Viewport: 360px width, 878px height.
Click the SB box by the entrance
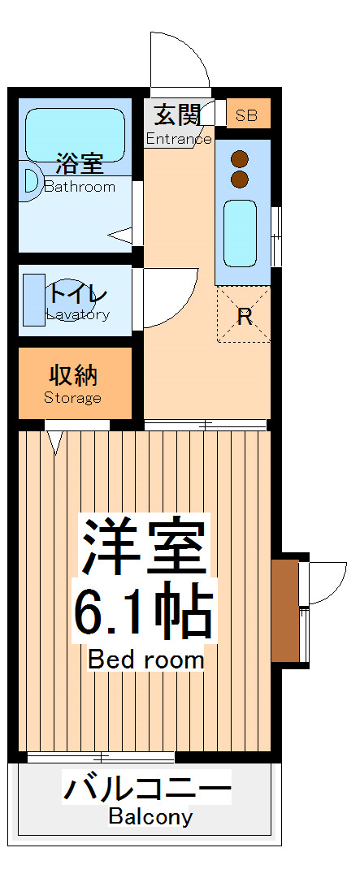[x=247, y=115]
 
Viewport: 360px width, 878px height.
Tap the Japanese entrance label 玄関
[x=177, y=115]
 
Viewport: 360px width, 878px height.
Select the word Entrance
[x=178, y=139]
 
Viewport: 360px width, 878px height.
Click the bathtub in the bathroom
[x=75, y=133]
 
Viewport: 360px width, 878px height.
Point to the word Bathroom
[x=79, y=186]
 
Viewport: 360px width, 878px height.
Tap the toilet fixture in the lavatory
[x=34, y=301]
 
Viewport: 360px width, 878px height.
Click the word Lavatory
[x=77, y=314]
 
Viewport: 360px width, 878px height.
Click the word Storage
[x=73, y=398]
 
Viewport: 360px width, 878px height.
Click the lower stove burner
[x=239, y=178]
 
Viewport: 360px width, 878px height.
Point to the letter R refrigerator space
[x=244, y=316]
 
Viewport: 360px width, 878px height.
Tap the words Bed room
[x=146, y=659]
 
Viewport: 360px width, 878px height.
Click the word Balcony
[x=150, y=816]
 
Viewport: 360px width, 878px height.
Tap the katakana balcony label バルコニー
[x=148, y=788]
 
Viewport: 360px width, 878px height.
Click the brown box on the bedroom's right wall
[x=284, y=609]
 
